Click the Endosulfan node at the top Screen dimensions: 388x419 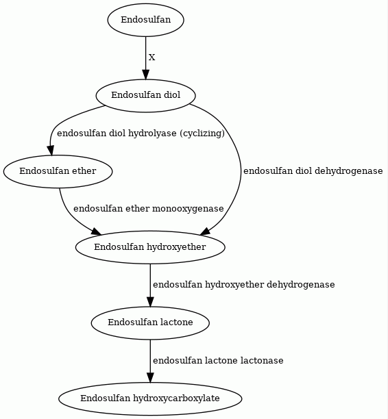(x=145, y=20)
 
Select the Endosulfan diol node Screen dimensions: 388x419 (x=145, y=95)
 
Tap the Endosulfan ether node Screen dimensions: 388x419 (x=58, y=171)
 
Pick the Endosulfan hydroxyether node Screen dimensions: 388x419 (x=150, y=247)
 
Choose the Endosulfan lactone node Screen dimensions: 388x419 (x=150, y=322)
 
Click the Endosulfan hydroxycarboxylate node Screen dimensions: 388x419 (x=150, y=398)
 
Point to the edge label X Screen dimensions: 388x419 (x=151, y=58)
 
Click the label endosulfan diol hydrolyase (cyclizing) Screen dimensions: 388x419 (x=141, y=133)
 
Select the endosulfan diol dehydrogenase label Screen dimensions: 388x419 (x=313, y=171)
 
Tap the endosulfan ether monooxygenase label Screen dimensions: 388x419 (x=149, y=209)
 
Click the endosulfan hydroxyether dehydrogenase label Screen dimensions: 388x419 (x=243, y=285)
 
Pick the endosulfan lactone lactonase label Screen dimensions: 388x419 (x=218, y=361)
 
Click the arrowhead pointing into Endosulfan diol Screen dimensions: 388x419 (x=145, y=75)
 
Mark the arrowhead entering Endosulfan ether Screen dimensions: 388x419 (x=51, y=151)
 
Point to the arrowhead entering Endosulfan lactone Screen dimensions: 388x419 (x=150, y=302)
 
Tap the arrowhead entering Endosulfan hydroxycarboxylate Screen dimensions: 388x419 (x=150, y=378)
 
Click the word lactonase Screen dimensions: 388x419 (x=262, y=361)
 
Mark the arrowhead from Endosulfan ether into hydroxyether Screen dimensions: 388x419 (x=97, y=232)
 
